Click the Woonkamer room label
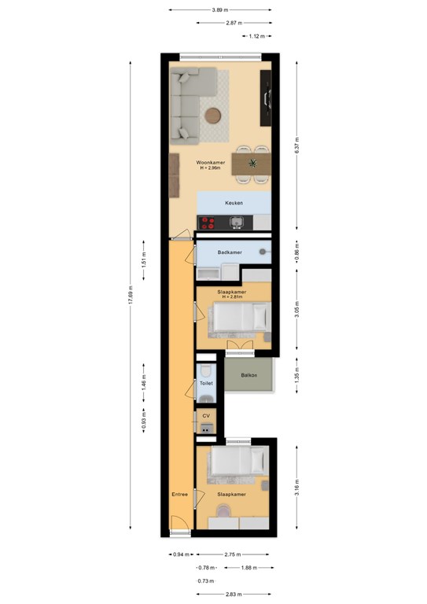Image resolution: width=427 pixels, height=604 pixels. (x=211, y=163)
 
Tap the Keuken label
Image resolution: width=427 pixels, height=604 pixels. (x=234, y=203)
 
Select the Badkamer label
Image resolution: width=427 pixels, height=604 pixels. (x=230, y=252)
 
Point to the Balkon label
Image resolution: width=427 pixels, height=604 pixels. (x=249, y=375)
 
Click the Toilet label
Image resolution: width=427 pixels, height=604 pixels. (x=206, y=383)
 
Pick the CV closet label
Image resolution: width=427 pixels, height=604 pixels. (x=206, y=416)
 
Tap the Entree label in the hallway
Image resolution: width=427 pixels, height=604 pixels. (x=180, y=494)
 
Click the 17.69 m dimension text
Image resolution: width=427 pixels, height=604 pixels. (x=131, y=296)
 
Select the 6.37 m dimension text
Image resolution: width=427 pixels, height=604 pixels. (x=297, y=145)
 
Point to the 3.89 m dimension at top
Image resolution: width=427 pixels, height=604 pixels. (x=219, y=10)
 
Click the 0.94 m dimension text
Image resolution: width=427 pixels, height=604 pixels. (x=181, y=554)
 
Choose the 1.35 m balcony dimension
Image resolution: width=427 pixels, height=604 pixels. (x=297, y=376)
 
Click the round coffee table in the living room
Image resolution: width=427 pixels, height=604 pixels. (x=212, y=116)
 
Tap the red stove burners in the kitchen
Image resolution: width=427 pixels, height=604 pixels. (x=208, y=223)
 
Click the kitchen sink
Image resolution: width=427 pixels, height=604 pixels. (x=237, y=223)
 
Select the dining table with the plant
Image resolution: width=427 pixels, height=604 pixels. (x=251, y=164)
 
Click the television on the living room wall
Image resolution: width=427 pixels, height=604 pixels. (x=266, y=98)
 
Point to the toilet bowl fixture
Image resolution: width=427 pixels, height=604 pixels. (x=206, y=371)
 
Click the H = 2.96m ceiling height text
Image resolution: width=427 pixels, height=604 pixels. (x=211, y=168)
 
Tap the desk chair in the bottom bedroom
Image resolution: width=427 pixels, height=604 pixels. (x=223, y=511)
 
